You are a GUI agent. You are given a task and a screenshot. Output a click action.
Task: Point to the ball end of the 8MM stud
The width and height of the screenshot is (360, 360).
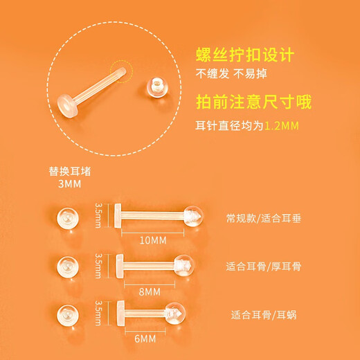click(x=182, y=264)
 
